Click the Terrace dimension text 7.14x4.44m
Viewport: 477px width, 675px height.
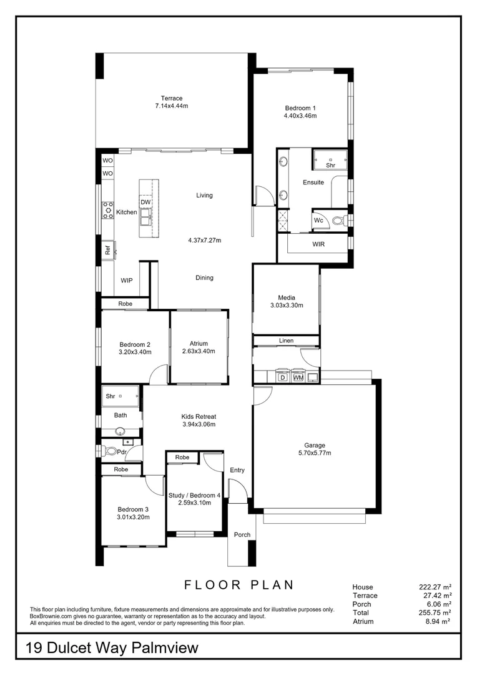[x=172, y=106]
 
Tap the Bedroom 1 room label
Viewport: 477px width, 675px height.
[x=300, y=108]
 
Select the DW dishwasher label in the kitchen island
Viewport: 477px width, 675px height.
[x=145, y=202]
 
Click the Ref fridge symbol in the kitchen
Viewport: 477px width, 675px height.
[x=108, y=249]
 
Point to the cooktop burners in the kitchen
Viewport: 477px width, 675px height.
[x=107, y=211]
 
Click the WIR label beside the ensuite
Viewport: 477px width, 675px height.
[x=318, y=244]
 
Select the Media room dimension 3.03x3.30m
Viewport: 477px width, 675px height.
[x=287, y=305]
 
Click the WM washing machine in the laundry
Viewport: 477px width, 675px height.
[x=298, y=377]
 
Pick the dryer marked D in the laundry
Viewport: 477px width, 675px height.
[x=283, y=377]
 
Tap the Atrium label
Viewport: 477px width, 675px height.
[x=199, y=344]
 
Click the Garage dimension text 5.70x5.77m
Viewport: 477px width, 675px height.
[x=315, y=453]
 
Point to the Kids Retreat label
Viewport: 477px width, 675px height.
[x=199, y=416]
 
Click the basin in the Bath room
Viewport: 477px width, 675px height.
[x=120, y=431]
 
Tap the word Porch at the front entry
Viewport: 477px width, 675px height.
[x=242, y=534]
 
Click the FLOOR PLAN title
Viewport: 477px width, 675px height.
[x=239, y=584]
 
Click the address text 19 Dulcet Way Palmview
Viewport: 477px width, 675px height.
[x=112, y=648]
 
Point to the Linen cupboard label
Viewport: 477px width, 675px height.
[x=286, y=341]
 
